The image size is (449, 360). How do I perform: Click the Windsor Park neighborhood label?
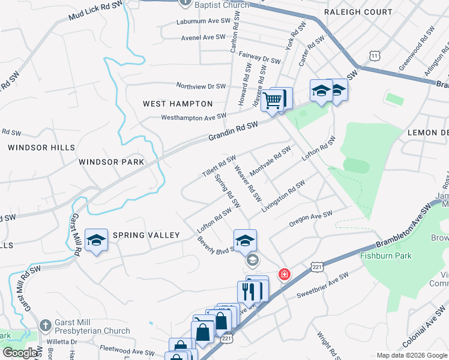(112, 162)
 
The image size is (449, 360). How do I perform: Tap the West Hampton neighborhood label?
(178, 104)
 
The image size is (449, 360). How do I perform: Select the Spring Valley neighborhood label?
(146, 235)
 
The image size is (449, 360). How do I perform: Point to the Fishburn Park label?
(385, 256)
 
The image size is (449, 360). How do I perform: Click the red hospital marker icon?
(284, 274)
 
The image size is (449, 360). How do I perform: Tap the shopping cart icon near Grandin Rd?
(273, 100)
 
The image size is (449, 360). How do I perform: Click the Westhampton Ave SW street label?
(193, 116)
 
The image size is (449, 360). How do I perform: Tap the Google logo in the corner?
(20, 353)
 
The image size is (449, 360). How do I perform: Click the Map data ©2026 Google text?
(411, 355)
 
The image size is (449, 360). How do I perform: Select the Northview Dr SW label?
(200, 86)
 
